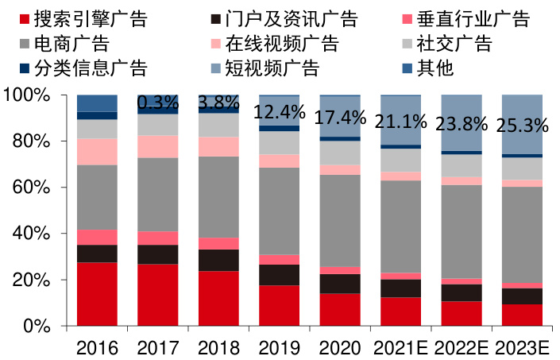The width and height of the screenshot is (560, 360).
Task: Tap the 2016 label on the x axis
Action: click(97, 348)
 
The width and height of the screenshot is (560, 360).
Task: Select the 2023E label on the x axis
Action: click(523, 348)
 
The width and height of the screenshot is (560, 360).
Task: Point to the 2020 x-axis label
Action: click(340, 348)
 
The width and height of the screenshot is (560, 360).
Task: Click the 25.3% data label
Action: click(523, 125)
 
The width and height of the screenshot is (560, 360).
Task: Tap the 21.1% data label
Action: click(401, 120)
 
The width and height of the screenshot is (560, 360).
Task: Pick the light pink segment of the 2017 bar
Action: click(158, 146)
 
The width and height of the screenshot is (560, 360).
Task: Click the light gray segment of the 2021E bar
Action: click(401, 160)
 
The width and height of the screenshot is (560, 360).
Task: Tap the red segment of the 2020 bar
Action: click(340, 310)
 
